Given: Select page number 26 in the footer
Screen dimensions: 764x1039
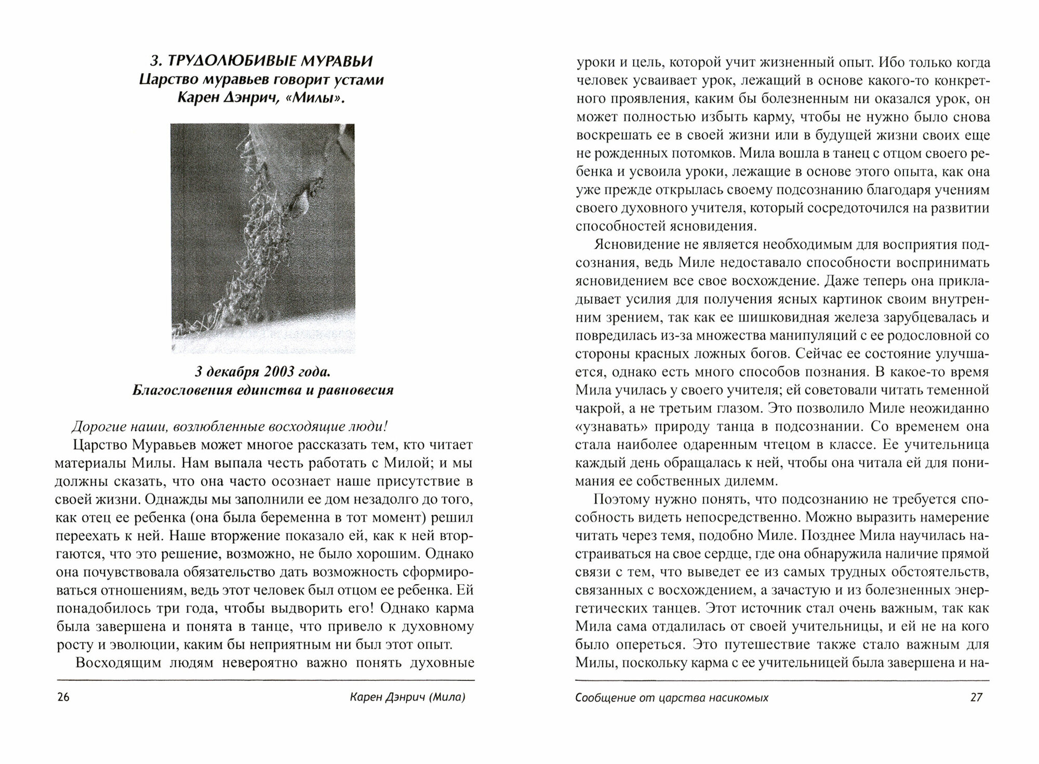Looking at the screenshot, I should click(x=63, y=698).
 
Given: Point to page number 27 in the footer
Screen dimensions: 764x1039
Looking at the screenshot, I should click(x=976, y=698).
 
